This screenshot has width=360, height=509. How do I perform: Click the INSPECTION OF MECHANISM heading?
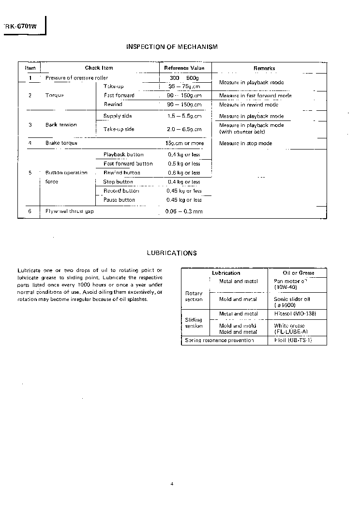coord(172,47)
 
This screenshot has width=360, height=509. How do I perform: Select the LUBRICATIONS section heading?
coord(172,253)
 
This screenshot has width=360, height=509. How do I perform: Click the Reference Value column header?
coord(184,68)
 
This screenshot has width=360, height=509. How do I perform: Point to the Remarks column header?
coord(264,68)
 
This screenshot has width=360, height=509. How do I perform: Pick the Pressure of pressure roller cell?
coord(76,78)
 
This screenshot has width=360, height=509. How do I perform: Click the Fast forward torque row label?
coord(119,95)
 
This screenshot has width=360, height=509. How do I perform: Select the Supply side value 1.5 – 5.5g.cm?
coord(184,116)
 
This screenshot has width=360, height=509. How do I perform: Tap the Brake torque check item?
coord(61,143)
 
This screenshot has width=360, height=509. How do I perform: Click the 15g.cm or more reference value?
coord(184,143)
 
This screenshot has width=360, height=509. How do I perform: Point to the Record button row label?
coord(121,191)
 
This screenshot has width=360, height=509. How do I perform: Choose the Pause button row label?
coord(120,200)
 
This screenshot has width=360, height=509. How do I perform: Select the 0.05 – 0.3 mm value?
coord(184,211)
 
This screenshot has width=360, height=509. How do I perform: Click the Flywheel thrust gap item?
coord(70,211)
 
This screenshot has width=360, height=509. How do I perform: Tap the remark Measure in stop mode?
coord(246,143)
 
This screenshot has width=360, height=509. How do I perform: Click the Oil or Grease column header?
coord(299,273)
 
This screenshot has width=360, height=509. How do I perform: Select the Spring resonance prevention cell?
coord(220,340)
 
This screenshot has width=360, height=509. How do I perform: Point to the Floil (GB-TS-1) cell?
coord(293,340)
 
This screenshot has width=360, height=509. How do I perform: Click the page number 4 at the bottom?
coord(172,484)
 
